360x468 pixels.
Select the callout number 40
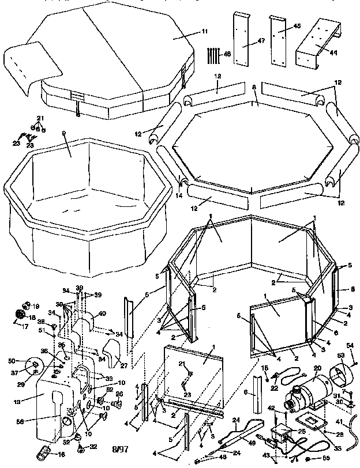point(103,313)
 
